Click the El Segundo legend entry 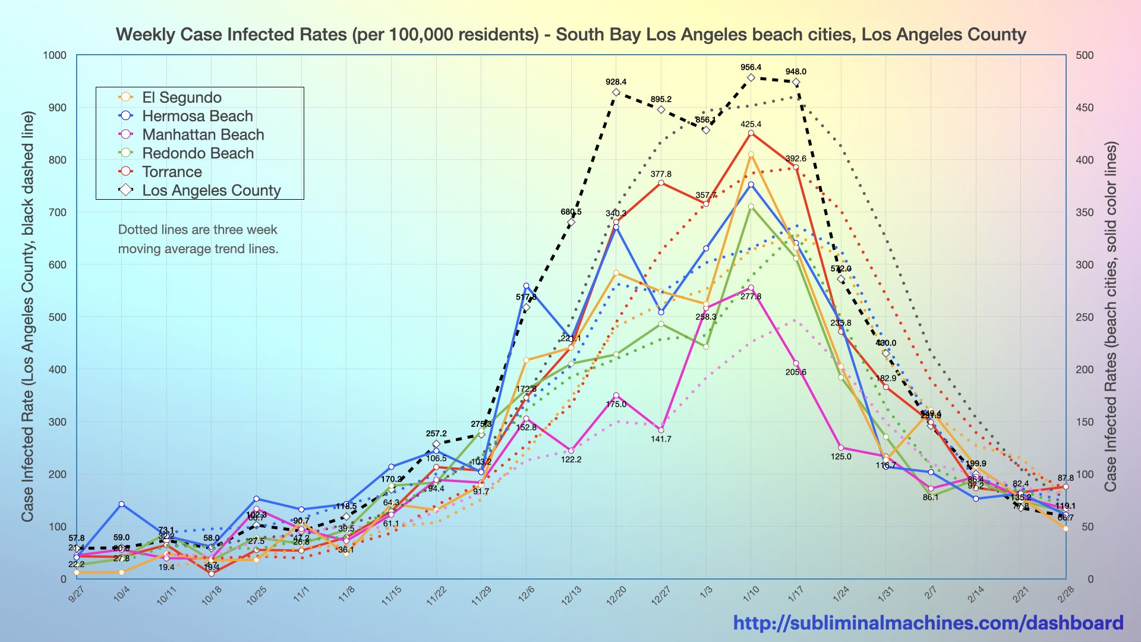[x=181, y=97]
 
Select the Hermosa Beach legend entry [x=197, y=116]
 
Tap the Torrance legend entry [x=172, y=172]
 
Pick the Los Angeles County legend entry [x=211, y=190]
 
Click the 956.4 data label [x=751, y=68]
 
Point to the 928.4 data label [x=616, y=82]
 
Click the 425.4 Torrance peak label [x=751, y=124]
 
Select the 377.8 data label [x=661, y=174]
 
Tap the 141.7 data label [x=661, y=439]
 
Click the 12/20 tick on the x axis [x=616, y=595]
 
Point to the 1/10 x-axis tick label [x=751, y=594]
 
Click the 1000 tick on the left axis [x=55, y=55]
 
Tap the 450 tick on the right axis [x=1085, y=108]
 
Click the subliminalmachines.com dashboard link [x=928, y=622]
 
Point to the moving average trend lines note [x=198, y=239]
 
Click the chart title [x=570, y=34]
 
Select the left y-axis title [x=27, y=317]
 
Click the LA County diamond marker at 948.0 [x=796, y=82]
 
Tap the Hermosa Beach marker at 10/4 [x=121, y=504]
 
